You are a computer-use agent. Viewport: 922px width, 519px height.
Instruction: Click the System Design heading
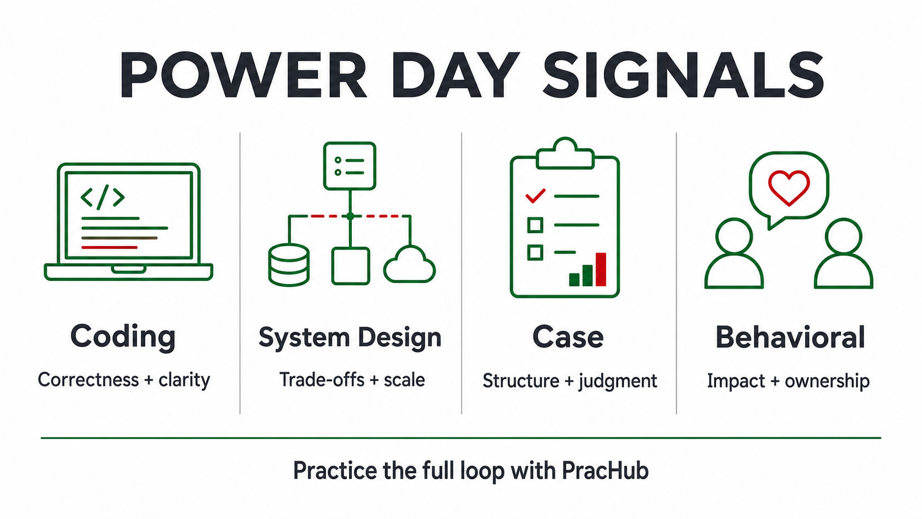(350, 338)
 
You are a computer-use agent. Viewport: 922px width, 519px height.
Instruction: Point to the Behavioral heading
(790, 337)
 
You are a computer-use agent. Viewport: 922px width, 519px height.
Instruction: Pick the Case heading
(568, 337)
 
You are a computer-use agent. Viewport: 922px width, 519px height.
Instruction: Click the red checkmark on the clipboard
(535, 196)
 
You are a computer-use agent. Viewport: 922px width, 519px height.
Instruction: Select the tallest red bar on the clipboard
(601, 269)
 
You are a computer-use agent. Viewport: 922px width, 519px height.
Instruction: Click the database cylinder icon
(289, 265)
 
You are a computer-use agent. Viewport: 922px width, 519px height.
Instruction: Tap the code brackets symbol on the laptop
(103, 197)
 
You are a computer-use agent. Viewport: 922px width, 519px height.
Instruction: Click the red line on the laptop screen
(110, 247)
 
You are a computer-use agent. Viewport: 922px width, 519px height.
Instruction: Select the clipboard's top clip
(565, 153)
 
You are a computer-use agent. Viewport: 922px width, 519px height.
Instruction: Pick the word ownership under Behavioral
(827, 381)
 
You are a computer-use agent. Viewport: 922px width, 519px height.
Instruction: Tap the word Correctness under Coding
(88, 379)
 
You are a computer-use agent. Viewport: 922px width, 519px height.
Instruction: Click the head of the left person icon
(735, 236)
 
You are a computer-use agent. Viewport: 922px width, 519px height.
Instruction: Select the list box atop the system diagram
(350, 166)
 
